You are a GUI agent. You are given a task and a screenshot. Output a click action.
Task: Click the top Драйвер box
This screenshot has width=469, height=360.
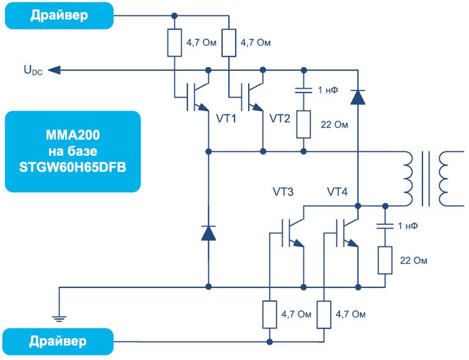[59, 15]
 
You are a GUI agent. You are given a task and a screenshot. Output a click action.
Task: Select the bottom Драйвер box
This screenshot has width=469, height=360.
[59, 341]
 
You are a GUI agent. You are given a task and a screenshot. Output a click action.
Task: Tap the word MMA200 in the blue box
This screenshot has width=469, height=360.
[72, 136]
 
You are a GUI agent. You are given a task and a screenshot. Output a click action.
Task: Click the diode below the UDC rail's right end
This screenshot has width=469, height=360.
[358, 96]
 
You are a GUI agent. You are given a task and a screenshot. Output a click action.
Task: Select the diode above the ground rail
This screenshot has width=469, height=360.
[209, 233]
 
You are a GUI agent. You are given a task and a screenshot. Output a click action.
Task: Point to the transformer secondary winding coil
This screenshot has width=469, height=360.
[455, 179]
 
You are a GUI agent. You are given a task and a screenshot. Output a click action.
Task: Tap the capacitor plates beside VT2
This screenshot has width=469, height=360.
[303, 90]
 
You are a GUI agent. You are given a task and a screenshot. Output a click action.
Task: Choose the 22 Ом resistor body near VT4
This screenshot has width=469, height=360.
[385, 260]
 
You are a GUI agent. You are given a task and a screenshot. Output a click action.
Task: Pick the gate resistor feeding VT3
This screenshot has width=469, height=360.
[269, 315]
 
